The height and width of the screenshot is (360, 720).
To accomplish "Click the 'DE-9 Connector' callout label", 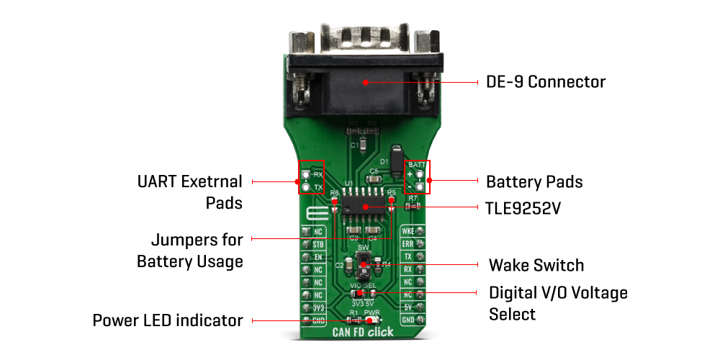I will [x=545, y=82].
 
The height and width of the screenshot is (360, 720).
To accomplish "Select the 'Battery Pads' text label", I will [x=534, y=181].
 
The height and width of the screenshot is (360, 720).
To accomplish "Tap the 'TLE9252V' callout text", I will [x=523, y=209].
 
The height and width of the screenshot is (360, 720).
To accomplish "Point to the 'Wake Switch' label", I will [x=536, y=265].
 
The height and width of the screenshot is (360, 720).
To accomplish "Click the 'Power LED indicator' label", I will [x=168, y=320].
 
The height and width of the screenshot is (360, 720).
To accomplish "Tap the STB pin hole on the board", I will [x=306, y=245].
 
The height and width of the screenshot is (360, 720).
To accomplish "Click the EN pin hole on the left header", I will [x=306, y=257].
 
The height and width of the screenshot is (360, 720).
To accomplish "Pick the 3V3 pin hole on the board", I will [x=306, y=307].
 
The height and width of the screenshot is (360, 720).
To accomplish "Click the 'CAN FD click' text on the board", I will [x=363, y=333].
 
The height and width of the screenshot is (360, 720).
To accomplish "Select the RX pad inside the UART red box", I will [x=307, y=175].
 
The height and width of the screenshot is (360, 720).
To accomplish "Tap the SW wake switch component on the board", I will [x=364, y=266].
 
